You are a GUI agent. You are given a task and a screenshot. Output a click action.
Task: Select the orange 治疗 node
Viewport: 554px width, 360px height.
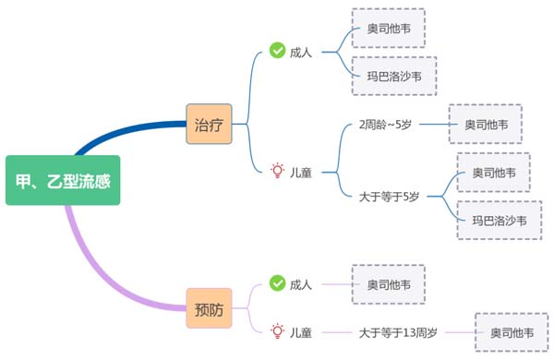coord(208,123)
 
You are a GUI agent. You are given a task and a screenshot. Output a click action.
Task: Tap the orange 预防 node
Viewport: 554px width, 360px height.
coord(209,308)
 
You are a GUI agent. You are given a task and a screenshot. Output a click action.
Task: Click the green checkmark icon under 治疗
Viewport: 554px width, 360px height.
coord(277,51)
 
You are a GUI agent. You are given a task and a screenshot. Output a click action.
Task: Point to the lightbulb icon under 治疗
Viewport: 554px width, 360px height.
coord(277,170)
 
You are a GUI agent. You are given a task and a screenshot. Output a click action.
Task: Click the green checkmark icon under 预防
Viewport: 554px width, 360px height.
coord(277,282)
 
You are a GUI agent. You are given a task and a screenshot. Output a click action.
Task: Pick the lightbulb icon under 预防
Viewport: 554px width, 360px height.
coord(277,330)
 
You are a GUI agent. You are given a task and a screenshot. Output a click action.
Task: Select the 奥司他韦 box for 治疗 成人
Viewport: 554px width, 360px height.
coord(389,29)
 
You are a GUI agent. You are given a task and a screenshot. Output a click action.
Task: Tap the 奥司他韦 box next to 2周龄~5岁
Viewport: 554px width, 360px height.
coord(485,124)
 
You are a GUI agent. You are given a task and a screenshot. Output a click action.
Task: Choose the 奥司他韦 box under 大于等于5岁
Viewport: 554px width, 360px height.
coord(493,173)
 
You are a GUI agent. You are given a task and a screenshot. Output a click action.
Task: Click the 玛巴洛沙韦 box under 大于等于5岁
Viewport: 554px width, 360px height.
coord(499,220)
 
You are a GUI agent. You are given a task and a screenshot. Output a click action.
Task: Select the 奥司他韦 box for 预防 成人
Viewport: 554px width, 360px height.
coord(389,283)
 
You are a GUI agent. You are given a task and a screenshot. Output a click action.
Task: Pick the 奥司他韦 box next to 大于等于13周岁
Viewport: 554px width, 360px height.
coord(511,332)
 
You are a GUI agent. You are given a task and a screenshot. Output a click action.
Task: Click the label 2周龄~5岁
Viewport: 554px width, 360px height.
coord(387,124)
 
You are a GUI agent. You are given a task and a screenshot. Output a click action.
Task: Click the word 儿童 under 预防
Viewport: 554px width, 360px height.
coord(301,331)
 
